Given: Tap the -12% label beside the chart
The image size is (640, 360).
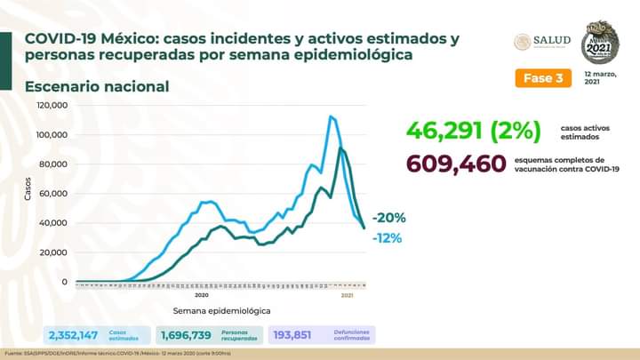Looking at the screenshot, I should [388, 237].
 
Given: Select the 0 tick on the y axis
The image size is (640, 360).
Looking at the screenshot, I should [65, 281].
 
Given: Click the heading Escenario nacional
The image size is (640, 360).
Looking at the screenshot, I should [97, 86].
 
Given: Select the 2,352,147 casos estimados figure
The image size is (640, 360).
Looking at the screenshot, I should [75, 335].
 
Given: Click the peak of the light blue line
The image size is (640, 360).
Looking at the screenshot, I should [331, 116].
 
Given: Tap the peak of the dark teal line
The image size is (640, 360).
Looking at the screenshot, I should [342, 148].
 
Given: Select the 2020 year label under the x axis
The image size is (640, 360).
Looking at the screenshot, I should [201, 294].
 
